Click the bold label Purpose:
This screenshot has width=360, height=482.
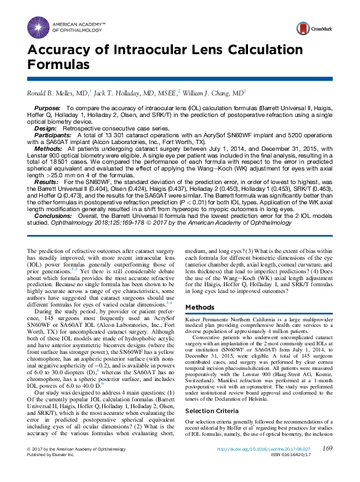(x=48, y=108)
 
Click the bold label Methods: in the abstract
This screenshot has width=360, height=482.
(x=48, y=148)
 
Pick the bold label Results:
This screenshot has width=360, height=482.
(x=47, y=183)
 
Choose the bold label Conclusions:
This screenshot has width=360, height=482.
(x=53, y=217)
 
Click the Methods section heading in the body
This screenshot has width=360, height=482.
(x=199, y=307)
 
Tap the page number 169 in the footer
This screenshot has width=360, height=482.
(x=327, y=466)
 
